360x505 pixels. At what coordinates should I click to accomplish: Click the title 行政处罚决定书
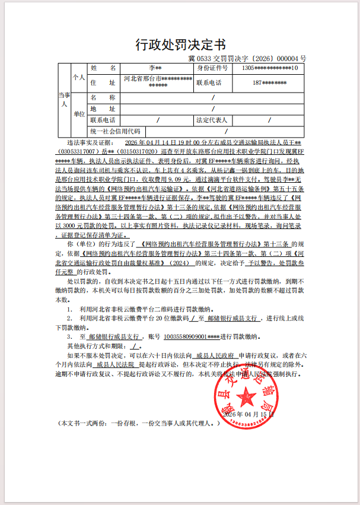(x=180, y=45)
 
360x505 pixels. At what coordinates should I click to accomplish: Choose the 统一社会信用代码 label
(x=115, y=131)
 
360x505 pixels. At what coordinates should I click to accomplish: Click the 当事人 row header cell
(x=64, y=99)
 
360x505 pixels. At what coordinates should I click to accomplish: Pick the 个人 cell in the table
(x=79, y=78)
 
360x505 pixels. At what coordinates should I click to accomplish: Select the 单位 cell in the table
(x=79, y=113)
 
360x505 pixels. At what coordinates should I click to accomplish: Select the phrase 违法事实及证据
(x=90, y=143)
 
